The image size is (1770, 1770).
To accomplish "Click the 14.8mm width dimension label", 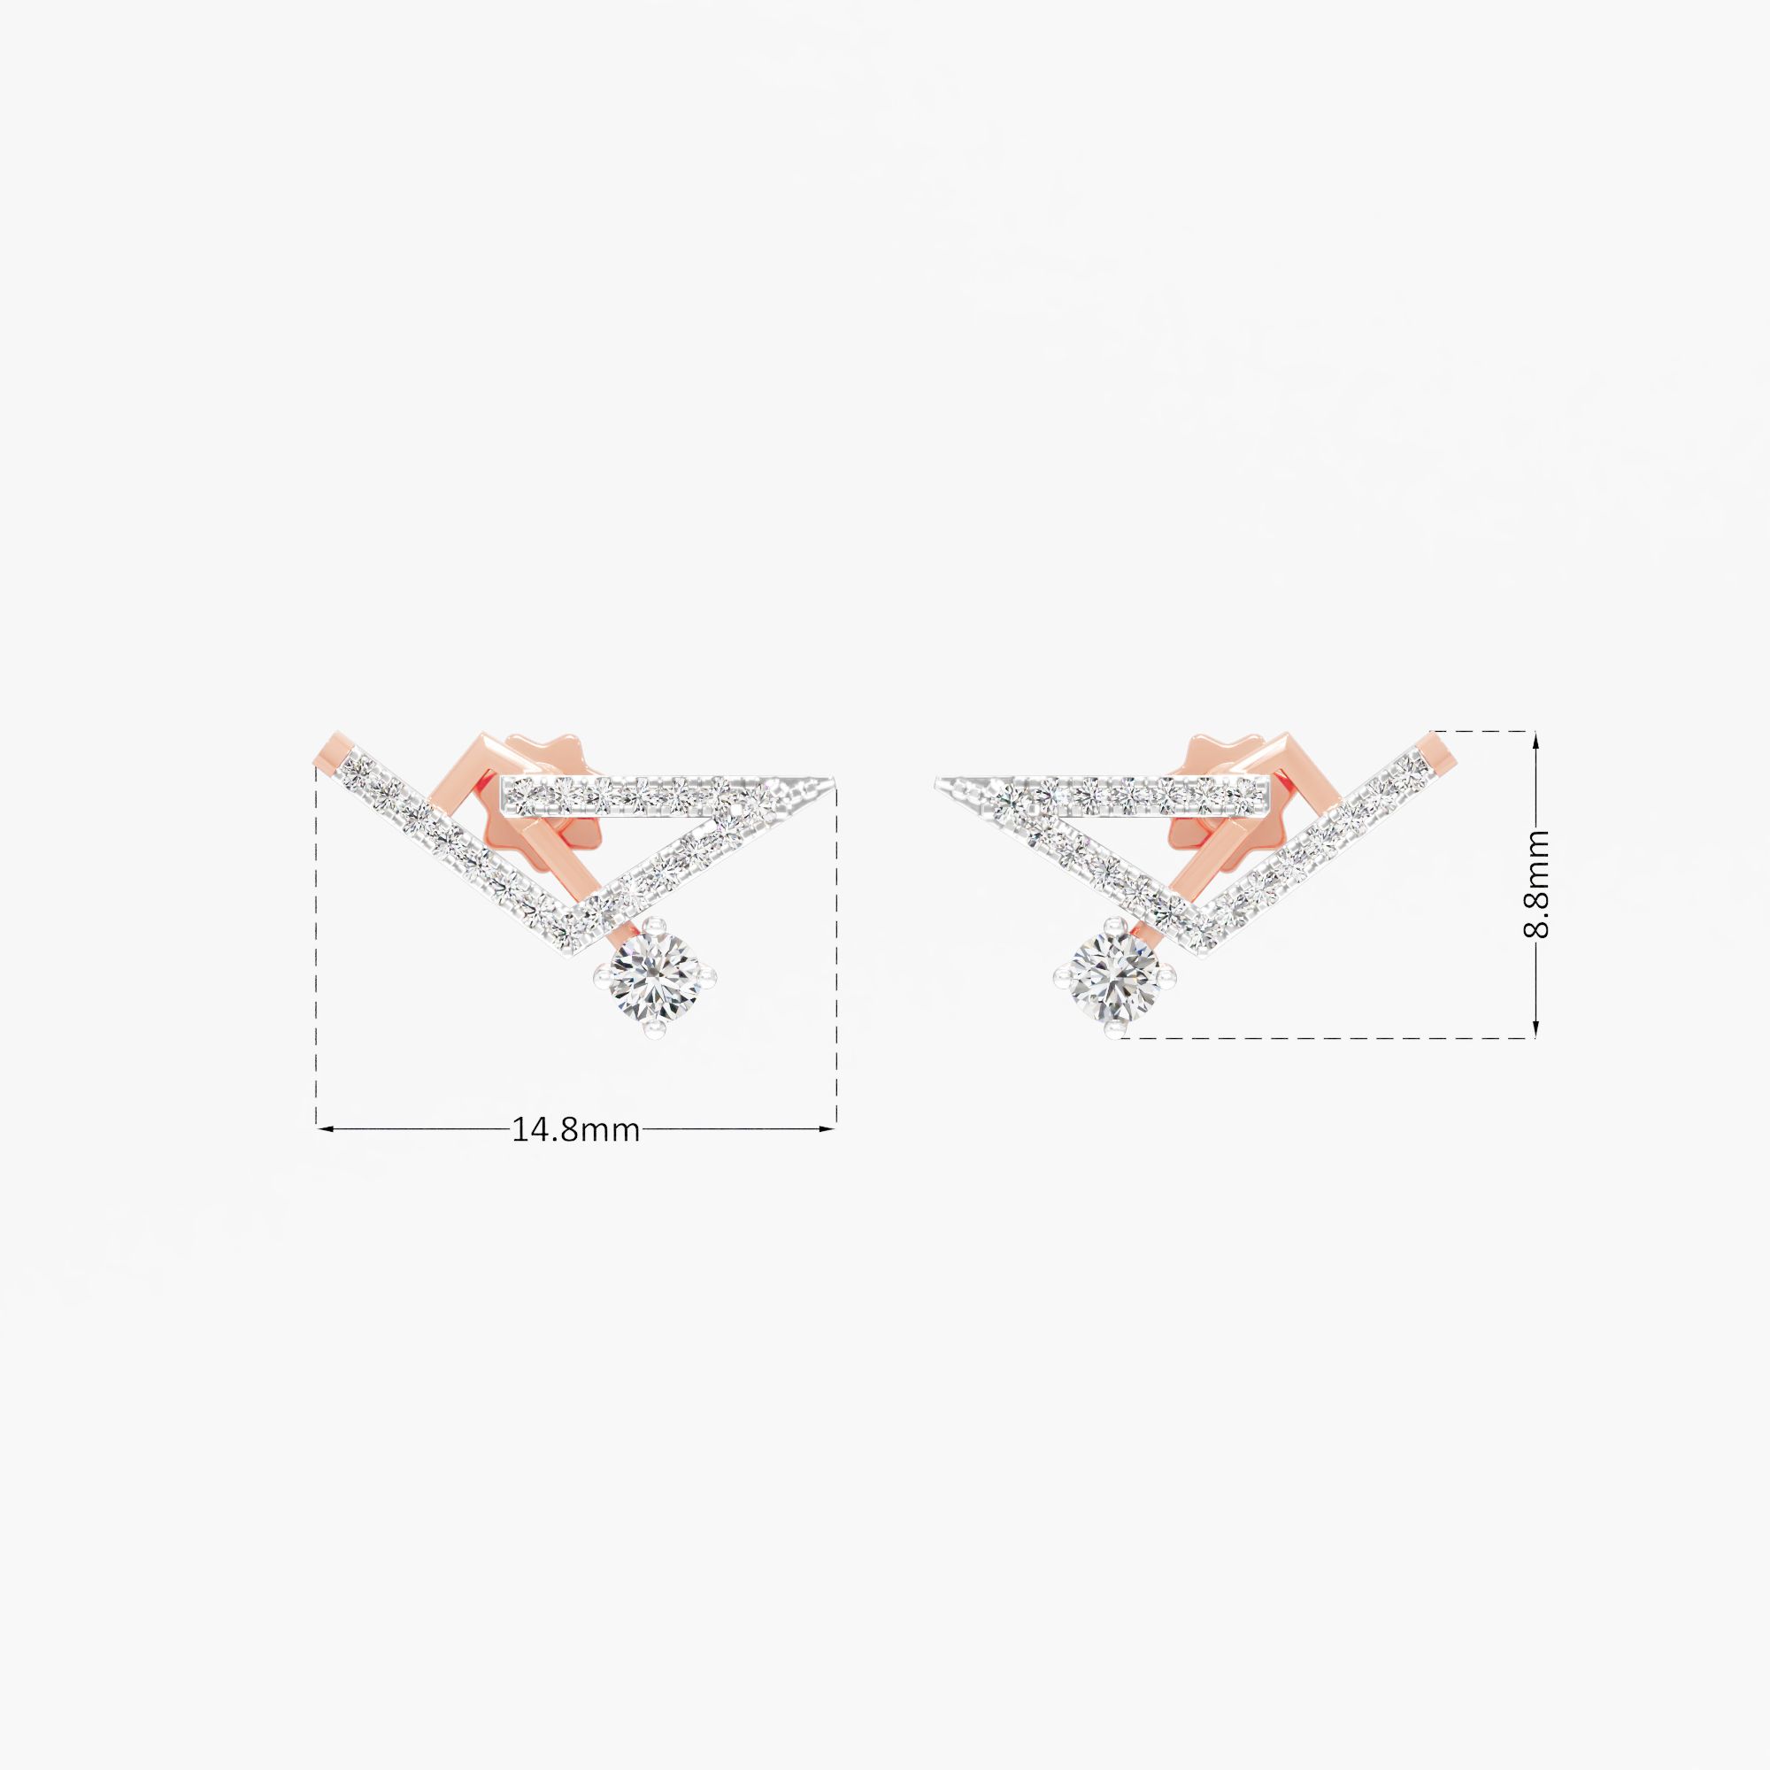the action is click(x=575, y=1129).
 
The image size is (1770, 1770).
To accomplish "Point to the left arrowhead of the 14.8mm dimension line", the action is click(x=323, y=1129).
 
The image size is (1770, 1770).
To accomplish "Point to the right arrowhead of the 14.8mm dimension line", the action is click(x=831, y=1129).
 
